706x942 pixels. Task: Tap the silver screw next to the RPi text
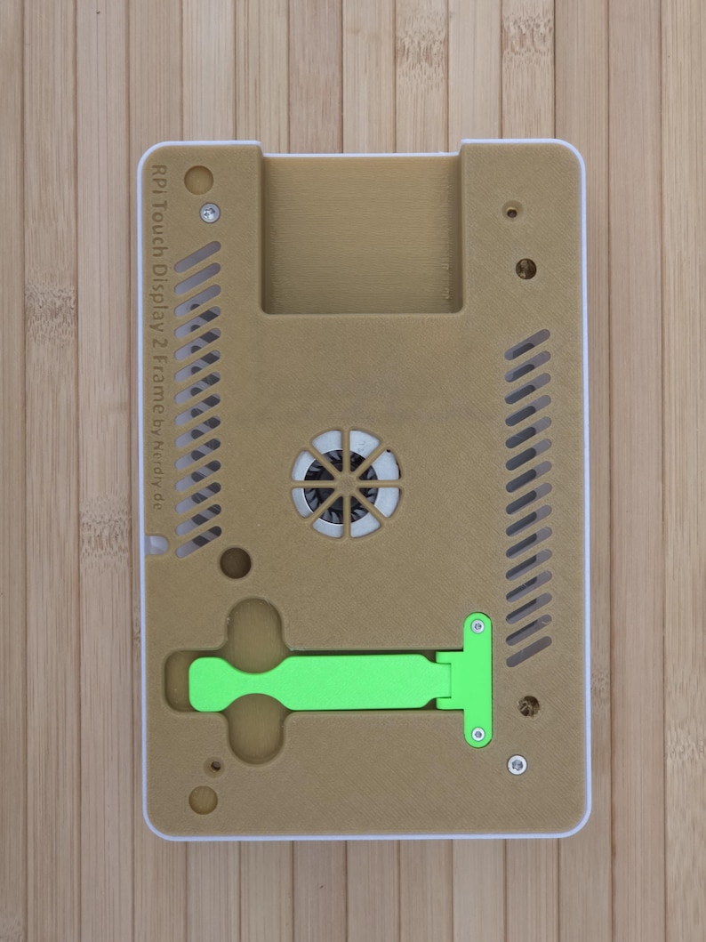click(x=210, y=212)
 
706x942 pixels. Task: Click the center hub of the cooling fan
click(x=347, y=485)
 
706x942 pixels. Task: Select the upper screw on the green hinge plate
click(x=477, y=626)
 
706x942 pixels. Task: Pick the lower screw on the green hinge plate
click(x=477, y=734)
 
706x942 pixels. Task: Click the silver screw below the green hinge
click(x=516, y=764)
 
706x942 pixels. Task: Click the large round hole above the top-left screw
click(x=198, y=179)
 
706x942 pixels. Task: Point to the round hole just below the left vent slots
click(x=235, y=563)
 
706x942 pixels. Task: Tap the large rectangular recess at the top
click(x=362, y=234)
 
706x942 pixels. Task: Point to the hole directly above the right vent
click(x=525, y=268)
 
